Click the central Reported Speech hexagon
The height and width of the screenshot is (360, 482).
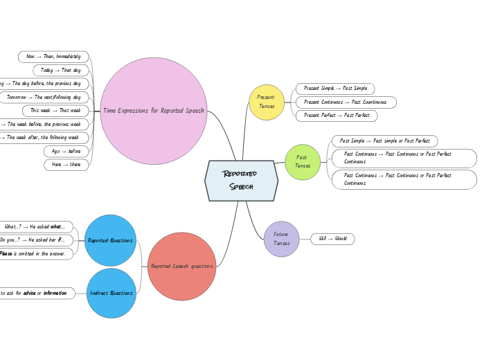tap(241, 181)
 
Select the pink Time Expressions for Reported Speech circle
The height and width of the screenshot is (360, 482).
tap(154, 111)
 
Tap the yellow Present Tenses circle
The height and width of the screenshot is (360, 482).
tap(267, 102)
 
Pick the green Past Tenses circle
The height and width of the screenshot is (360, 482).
tap(303, 162)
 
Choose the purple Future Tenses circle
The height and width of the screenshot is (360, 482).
tap(282, 239)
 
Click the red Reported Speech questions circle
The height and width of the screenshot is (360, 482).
tap(182, 266)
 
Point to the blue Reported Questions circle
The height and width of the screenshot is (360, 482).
tap(111, 240)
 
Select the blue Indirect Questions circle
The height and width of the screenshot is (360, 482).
tap(111, 293)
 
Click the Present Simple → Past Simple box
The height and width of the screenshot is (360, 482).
tap(335, 89)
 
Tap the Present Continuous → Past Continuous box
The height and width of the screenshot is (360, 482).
tap(346, 102)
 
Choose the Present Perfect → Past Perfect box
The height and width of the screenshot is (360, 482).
tap(337, 115)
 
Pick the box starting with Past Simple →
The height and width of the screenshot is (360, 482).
tap(384, 141)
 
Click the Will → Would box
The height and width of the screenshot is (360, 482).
tap(332, 239)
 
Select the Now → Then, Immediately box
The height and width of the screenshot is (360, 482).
tap(53, 56)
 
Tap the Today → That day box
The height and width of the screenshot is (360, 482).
tap(60, 70)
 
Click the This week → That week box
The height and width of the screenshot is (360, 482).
tap(55, 110)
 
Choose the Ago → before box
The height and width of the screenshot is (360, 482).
tap(66, 151)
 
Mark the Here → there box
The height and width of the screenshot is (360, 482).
tap(66, 165)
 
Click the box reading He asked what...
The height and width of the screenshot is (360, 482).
tap(35, 226)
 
